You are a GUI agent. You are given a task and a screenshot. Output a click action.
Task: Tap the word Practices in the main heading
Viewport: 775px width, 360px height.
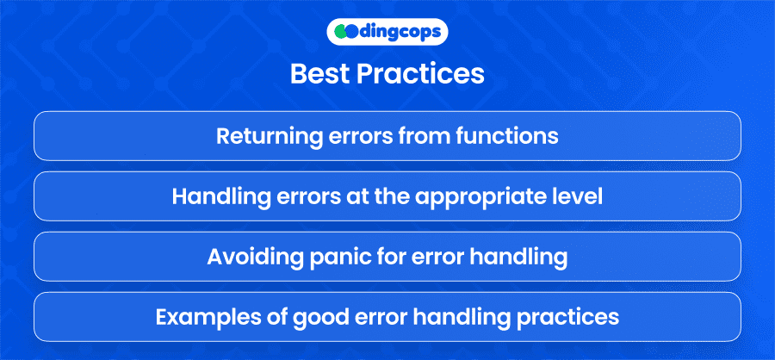point(420,74)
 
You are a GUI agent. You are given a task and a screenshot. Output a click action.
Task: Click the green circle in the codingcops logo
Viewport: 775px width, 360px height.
point(340,32)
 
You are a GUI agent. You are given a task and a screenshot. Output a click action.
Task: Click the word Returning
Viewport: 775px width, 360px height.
point(256,136)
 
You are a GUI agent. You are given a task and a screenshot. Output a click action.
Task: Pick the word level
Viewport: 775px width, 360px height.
point(589,197)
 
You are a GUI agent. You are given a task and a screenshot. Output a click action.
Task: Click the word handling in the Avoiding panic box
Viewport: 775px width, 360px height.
point(526,258)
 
